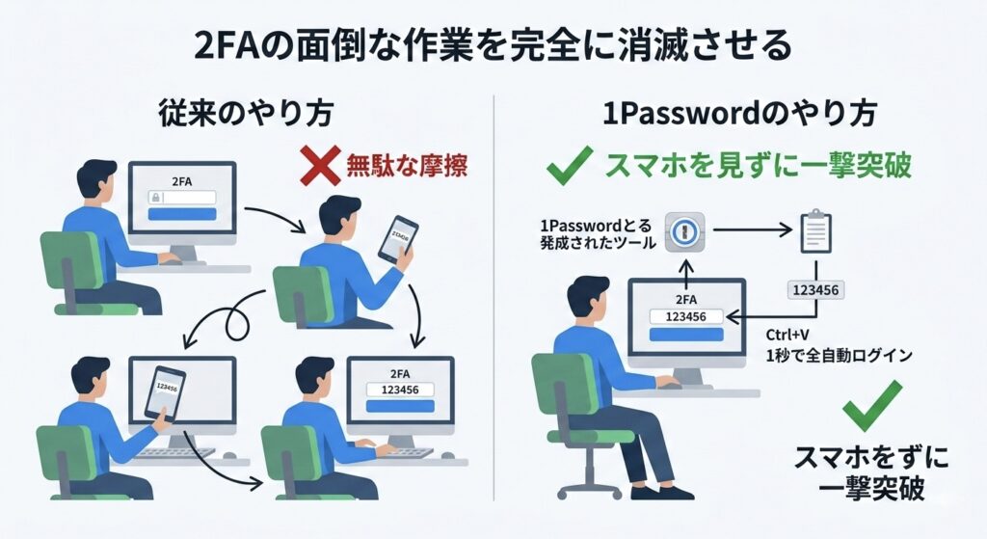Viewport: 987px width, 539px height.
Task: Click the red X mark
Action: tap(319, 167)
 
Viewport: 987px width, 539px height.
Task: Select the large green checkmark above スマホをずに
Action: tap(871, 406)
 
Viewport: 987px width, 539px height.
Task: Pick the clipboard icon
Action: tap(815, 231)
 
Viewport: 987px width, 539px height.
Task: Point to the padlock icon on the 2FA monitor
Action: tap(154, 198)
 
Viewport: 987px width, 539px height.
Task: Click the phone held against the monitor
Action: tap(165, 391)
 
